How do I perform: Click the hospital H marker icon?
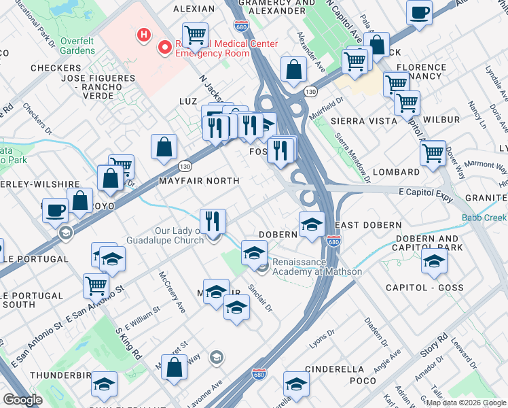pos(143,34)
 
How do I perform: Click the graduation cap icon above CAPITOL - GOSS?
pos(433,262)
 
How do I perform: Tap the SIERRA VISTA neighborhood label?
pos(367,120)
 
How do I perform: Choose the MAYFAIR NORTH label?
pos(199,181)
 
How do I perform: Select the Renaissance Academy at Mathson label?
pos(316,267)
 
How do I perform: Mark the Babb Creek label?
pos(484,218)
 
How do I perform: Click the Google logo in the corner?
pos(22,399)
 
